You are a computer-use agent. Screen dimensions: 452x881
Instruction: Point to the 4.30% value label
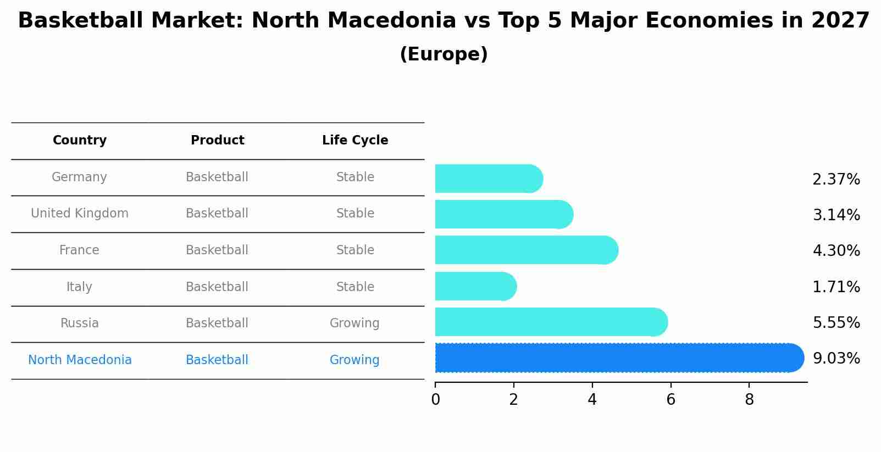[836, 251]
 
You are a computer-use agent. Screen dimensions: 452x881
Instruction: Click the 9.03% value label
[836, 359]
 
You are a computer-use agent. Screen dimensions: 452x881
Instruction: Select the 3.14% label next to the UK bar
[836, 215]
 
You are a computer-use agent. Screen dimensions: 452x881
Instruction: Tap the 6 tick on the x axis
[671, 400]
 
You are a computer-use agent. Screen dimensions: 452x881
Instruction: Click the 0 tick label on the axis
[435, 400]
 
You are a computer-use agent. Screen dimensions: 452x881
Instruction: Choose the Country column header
[80, 141]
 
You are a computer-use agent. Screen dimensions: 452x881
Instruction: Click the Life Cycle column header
[355, 141]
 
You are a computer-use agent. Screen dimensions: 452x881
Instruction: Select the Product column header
[217, 141]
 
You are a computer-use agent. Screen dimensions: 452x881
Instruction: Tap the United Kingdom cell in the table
[80, 214]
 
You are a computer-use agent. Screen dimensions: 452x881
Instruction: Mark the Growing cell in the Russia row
[354, 323]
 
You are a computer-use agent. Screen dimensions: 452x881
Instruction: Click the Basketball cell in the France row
[217, 250]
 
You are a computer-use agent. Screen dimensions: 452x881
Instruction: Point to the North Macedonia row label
[80, 360]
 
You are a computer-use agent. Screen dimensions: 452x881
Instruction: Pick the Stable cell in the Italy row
[355, 287]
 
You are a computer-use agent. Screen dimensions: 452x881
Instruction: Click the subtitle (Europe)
[444, 54]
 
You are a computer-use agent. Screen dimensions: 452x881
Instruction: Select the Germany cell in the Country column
[79, 177]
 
